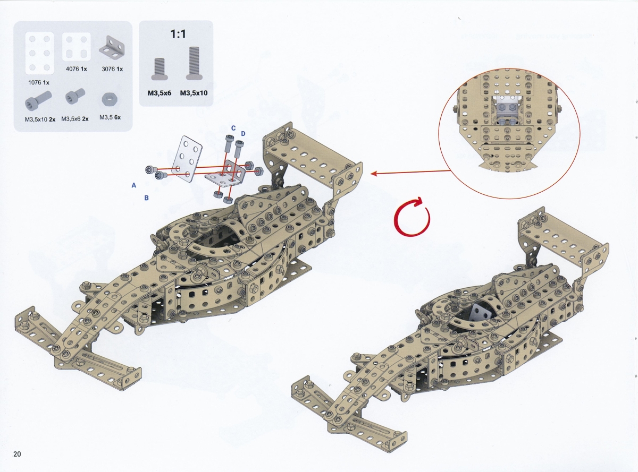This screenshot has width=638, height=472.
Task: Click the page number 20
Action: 17,453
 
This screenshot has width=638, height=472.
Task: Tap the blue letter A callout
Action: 134,186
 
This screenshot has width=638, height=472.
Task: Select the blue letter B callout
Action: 146,198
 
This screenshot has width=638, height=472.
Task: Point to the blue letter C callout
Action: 233,128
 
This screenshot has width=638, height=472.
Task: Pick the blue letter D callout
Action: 243,134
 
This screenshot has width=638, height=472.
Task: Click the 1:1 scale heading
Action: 178,34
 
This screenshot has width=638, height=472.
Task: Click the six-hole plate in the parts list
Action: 39,53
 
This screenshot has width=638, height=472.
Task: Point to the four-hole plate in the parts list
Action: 76,47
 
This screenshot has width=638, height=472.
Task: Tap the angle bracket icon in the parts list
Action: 112,47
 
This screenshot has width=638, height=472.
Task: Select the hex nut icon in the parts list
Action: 110,99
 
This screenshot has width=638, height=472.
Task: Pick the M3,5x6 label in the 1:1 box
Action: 159,93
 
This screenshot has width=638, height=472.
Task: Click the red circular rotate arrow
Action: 412,216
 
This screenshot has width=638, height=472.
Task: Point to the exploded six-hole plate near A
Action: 187,159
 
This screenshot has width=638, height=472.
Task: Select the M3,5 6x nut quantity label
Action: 110,117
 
